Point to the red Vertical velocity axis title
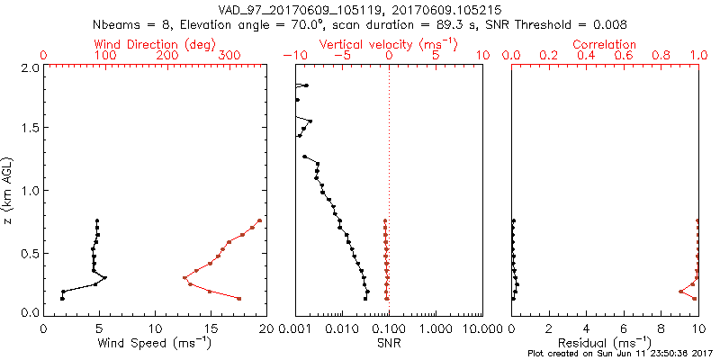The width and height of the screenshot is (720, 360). point(389,44)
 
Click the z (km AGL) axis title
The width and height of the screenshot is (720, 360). point(8,190)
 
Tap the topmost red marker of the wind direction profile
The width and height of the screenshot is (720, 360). point(259,220)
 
